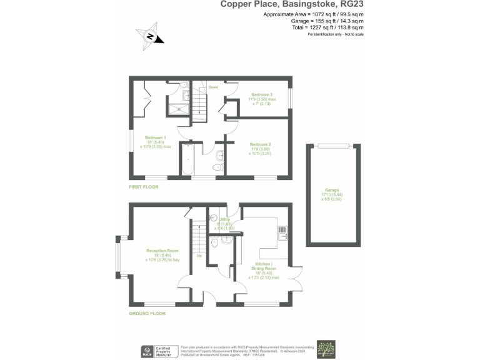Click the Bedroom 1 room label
[155, 137]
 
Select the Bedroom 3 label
[261, 95]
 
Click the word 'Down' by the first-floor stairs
[213, 87]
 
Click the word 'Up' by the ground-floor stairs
[199, 256]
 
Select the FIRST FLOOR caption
[144, 187]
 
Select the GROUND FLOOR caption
[147, 313]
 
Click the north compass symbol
[150, 36]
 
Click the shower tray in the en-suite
[179, 109]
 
